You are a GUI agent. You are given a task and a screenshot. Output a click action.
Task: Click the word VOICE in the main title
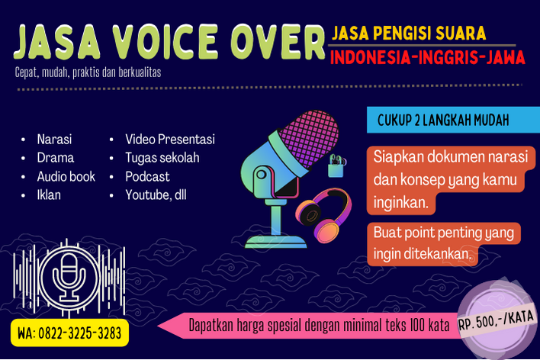click(166, 42)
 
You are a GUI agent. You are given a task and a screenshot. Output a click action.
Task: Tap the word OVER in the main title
click(278, 42)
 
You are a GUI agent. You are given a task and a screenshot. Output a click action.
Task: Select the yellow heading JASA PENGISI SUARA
click(409, 33)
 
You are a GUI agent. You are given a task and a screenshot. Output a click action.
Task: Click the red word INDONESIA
click(370, 57)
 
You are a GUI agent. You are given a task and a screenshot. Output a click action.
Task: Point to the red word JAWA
click(506, 57)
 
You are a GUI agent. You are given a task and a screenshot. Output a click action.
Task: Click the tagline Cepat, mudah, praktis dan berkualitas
click(88, 72)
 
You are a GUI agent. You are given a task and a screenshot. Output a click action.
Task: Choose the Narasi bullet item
click(54, 139)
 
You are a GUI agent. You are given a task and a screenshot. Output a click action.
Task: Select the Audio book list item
click(66, 176)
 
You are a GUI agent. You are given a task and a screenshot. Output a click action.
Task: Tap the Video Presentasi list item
click(170, 139)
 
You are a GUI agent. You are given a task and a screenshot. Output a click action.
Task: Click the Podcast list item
click(147, 176)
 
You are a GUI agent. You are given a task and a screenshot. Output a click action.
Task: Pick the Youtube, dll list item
click(156, 195)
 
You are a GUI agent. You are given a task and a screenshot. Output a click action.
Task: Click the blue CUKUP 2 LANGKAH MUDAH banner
click(453, 120)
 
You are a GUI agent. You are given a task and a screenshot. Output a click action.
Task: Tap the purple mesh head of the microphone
click(309, 138)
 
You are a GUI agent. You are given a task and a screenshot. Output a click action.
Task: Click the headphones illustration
click(323, 215)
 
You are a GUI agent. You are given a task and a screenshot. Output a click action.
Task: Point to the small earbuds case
click(336, 166)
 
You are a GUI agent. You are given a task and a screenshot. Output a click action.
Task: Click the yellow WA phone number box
click(69, 333)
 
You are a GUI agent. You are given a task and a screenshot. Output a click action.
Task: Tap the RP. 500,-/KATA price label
click(497, 320)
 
